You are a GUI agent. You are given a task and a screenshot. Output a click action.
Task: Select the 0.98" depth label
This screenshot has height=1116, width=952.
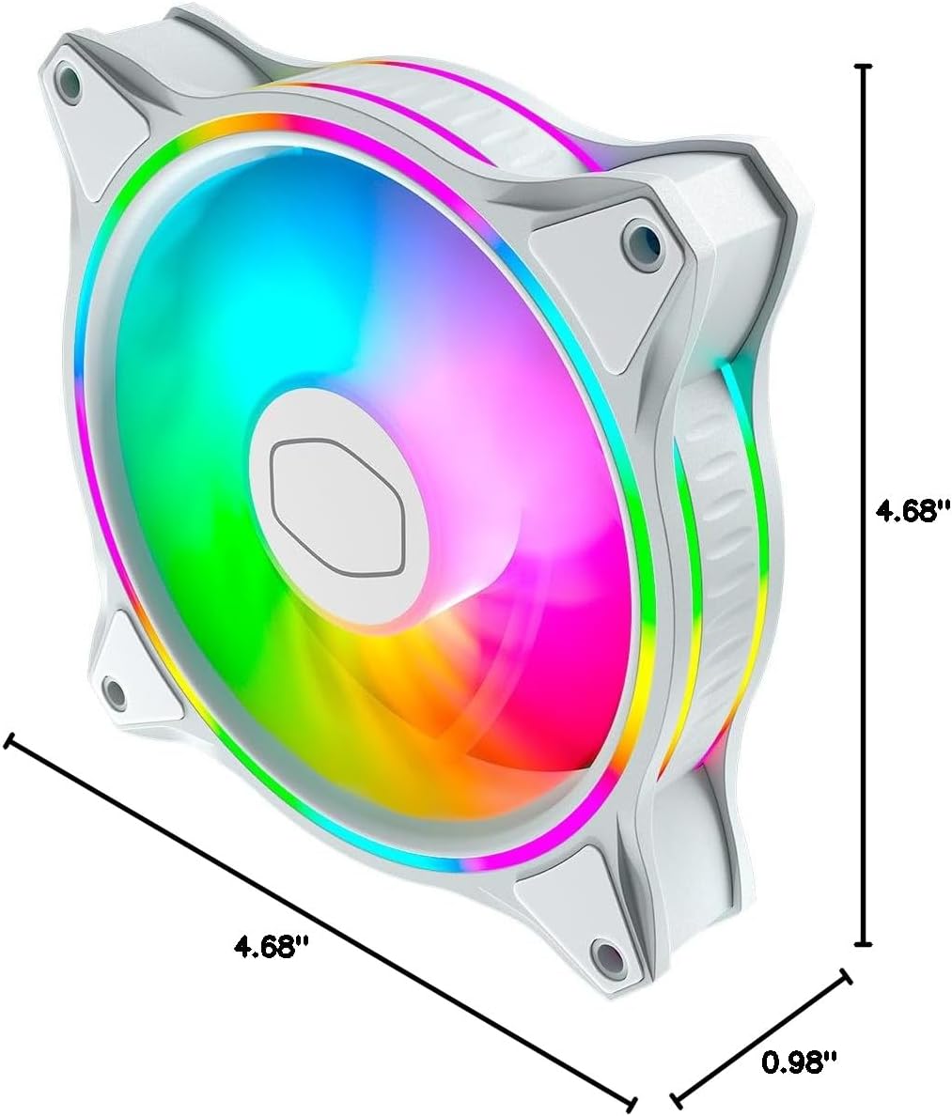799,1062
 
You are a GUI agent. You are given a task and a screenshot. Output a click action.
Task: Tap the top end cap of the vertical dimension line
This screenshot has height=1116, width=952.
864,67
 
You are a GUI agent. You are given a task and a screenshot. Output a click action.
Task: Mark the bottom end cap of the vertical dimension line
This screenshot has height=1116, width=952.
864,943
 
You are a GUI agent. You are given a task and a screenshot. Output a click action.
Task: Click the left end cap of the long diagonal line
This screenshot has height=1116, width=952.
9,741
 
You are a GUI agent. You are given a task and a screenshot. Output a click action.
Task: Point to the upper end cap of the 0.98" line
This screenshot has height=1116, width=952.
845,978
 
